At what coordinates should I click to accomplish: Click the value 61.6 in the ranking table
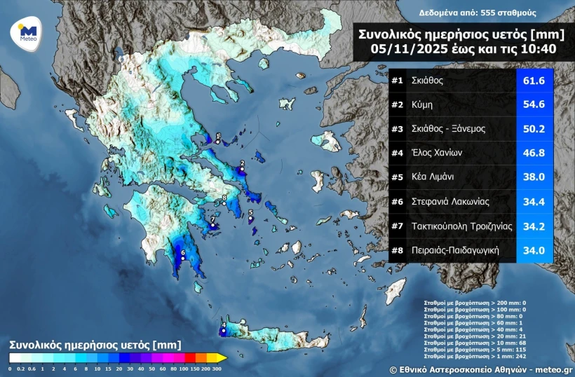coord(534,81)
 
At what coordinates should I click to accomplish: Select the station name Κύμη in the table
coord(422,105)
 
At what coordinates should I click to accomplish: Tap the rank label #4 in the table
coord(397,153)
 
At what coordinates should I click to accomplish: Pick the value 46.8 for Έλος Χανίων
coord(534,153)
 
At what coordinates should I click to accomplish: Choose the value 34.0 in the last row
coord(534,249)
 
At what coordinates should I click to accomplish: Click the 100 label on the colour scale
coord(182,367)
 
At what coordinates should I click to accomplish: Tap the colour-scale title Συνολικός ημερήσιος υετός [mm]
coord(95,345)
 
